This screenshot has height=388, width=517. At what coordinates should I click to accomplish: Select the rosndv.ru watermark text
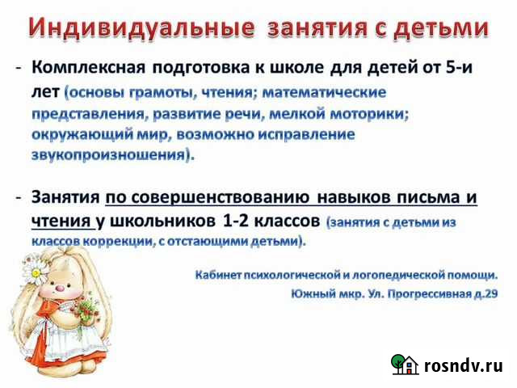tap(463, 366)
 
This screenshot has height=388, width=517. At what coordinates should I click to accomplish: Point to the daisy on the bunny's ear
tap(36, 266)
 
